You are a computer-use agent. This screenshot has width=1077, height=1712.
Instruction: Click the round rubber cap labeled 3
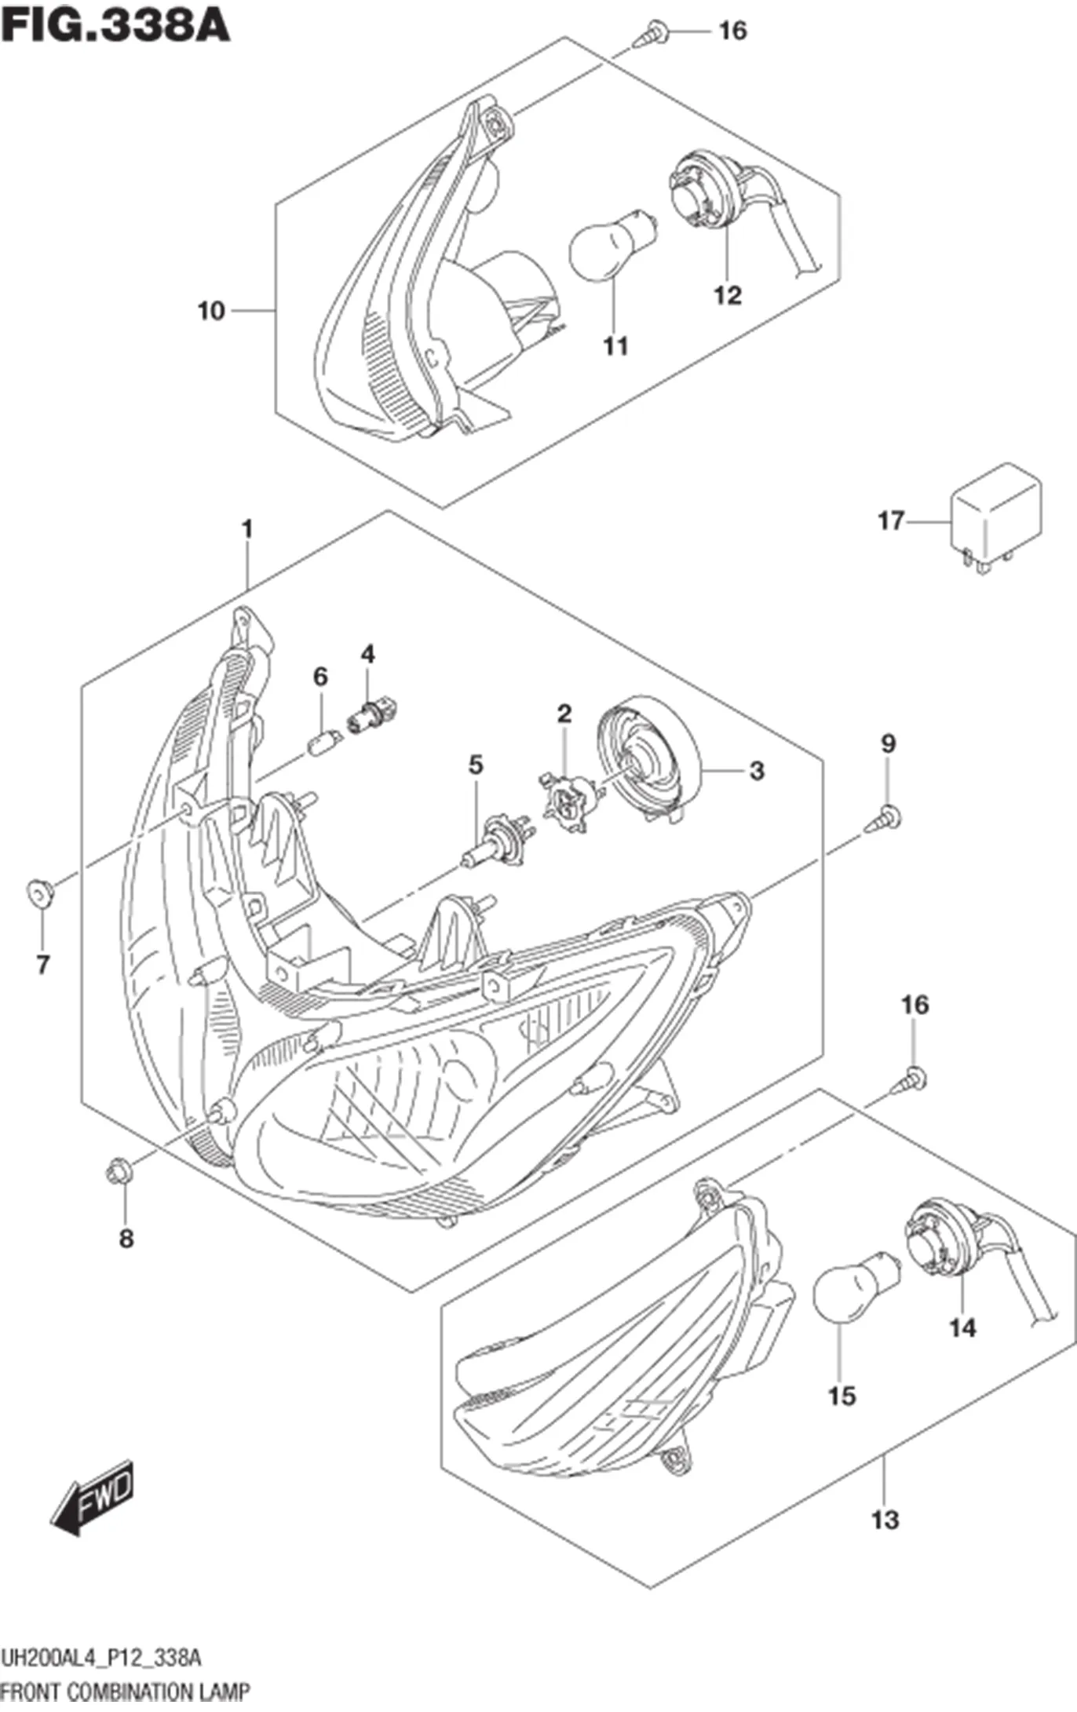pos(648,758)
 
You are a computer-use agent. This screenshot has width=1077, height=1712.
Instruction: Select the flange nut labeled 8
pos(119,1174)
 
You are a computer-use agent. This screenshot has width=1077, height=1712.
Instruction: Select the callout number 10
pos(211,312)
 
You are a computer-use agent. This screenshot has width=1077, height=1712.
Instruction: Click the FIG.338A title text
pos(115,24)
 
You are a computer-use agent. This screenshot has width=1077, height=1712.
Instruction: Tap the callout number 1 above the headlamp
pos(247,530)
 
